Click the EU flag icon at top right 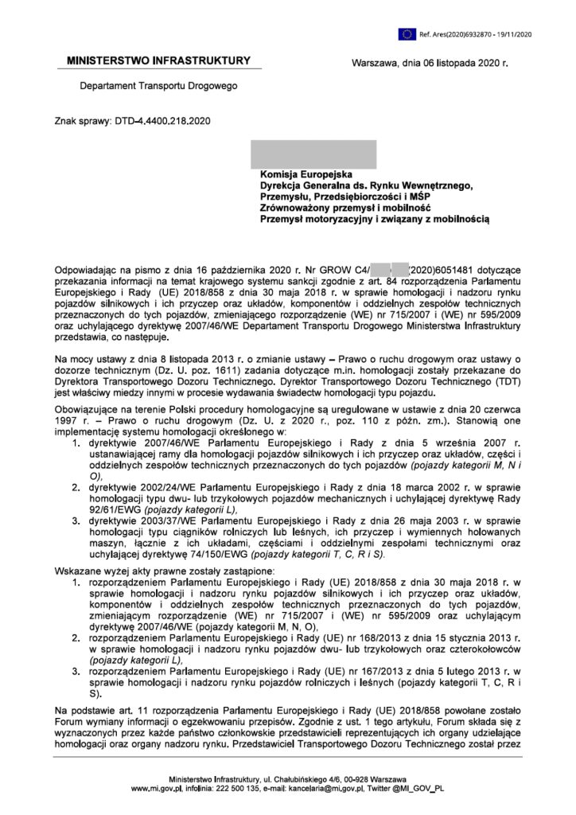[x=408, y=33]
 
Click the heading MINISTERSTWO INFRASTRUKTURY [x=158, y=60]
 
